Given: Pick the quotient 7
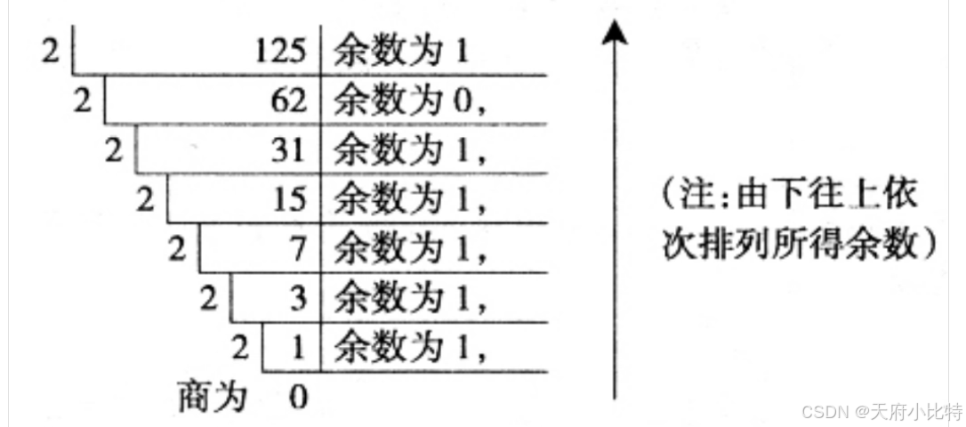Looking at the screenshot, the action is [x=298, y=250].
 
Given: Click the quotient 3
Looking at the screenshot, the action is [x=298, y=299].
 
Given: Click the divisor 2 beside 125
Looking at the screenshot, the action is [x=51, y=52].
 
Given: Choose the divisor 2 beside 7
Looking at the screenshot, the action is [x=178, y=250].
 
